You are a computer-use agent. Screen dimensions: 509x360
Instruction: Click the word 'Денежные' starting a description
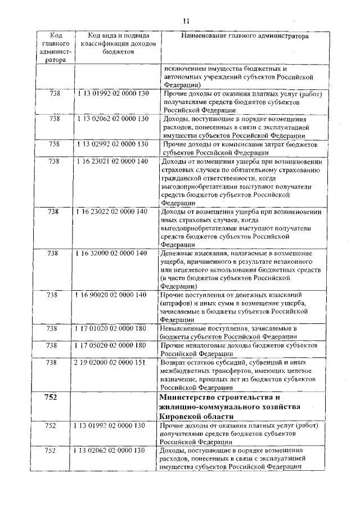point(175,253)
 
